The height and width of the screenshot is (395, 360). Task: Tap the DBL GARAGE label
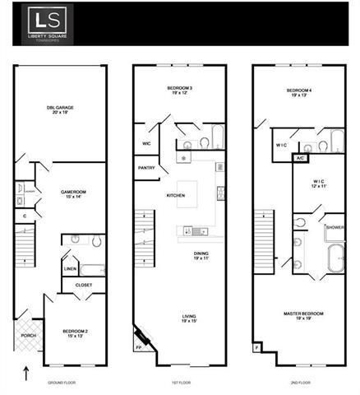tap(60, 108)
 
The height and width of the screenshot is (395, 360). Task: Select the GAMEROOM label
tap(74, 193)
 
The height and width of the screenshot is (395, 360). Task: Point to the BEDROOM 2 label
tap(76, 332)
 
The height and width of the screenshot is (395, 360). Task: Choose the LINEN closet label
tap(70, 269)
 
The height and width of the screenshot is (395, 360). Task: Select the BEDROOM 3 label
tap(180, 90)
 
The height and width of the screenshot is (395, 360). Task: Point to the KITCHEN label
tap(176, 195)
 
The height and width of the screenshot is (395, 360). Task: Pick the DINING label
tap(201, 255)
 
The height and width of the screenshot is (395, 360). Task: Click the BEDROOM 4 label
tap(299, 91)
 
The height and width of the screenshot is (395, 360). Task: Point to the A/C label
tap(300, 157)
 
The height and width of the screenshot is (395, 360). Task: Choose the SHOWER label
tap(335, 227)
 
